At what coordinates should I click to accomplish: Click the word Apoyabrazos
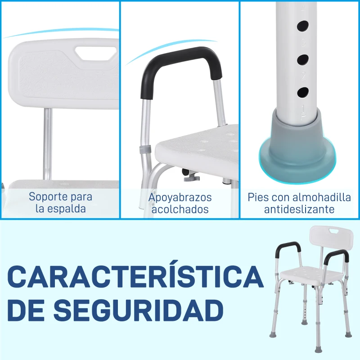click(180, 198)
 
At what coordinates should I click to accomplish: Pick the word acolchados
click(180, 209)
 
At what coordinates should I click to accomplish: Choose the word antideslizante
click(299, 209)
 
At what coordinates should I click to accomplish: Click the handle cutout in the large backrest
click(96, 54)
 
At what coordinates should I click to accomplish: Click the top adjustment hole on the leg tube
click(302, 26)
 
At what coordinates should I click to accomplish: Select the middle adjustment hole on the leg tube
click(302, 60)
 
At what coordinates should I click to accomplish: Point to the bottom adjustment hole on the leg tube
click(303, 92)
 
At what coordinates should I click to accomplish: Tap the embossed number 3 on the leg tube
click(303, 43)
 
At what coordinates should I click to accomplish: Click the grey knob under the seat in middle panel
click(192, 177)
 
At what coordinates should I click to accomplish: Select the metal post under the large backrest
click(48, 144)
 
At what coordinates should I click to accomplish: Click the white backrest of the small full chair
click(331, 238)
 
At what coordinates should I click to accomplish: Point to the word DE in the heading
click(26, 310)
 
